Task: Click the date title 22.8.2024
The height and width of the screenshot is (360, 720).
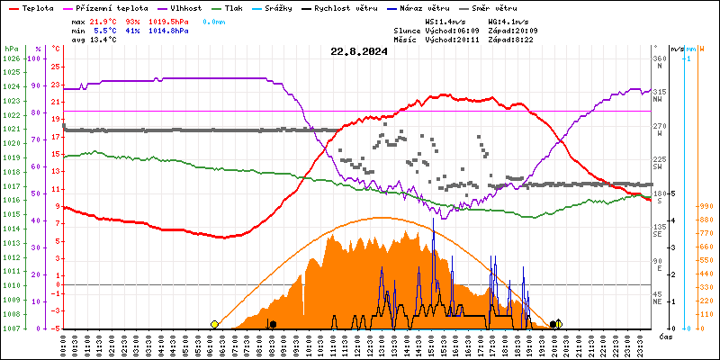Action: (358, 51)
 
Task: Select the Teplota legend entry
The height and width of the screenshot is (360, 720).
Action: (37, 7)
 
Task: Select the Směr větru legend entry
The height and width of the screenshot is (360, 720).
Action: (507, 7)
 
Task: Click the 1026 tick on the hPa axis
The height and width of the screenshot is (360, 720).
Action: (11, 58)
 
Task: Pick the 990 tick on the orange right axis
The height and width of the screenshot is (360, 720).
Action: (705, 206)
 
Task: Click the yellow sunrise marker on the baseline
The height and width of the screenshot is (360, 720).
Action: (214, 324)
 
